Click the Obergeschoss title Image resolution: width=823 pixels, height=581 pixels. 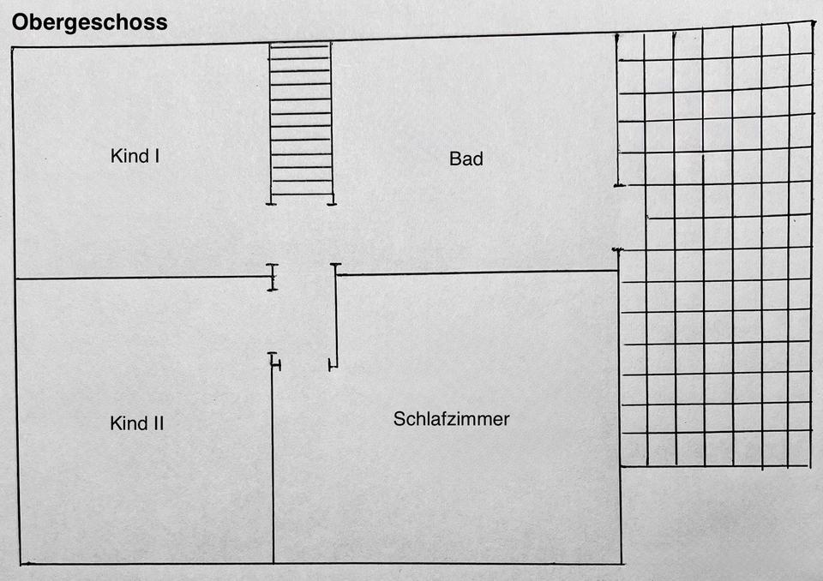[x=89, y=22]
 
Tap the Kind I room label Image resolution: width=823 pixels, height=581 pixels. [x=135, y=156]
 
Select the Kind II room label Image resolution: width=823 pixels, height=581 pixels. [x=137, y=422]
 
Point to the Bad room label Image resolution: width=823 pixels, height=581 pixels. [x=466, y=159]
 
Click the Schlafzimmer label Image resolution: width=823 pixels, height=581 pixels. [x=451, y=419]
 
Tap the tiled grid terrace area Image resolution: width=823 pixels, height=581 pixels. [x=715, y=249]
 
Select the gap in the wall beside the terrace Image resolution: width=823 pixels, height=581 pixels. [x=616, y=217]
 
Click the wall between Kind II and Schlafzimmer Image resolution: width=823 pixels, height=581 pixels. [x=273, y=463]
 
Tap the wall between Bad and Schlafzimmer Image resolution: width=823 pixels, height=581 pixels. [x=476, y=273]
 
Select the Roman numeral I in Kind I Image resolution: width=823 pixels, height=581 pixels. [x=157, y=156]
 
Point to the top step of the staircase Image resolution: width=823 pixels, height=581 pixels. [x=300, y=45]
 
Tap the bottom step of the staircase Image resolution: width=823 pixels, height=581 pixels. [x=300, y=194]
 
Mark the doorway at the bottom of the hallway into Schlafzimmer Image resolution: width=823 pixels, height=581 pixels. [x=305, y=365]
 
